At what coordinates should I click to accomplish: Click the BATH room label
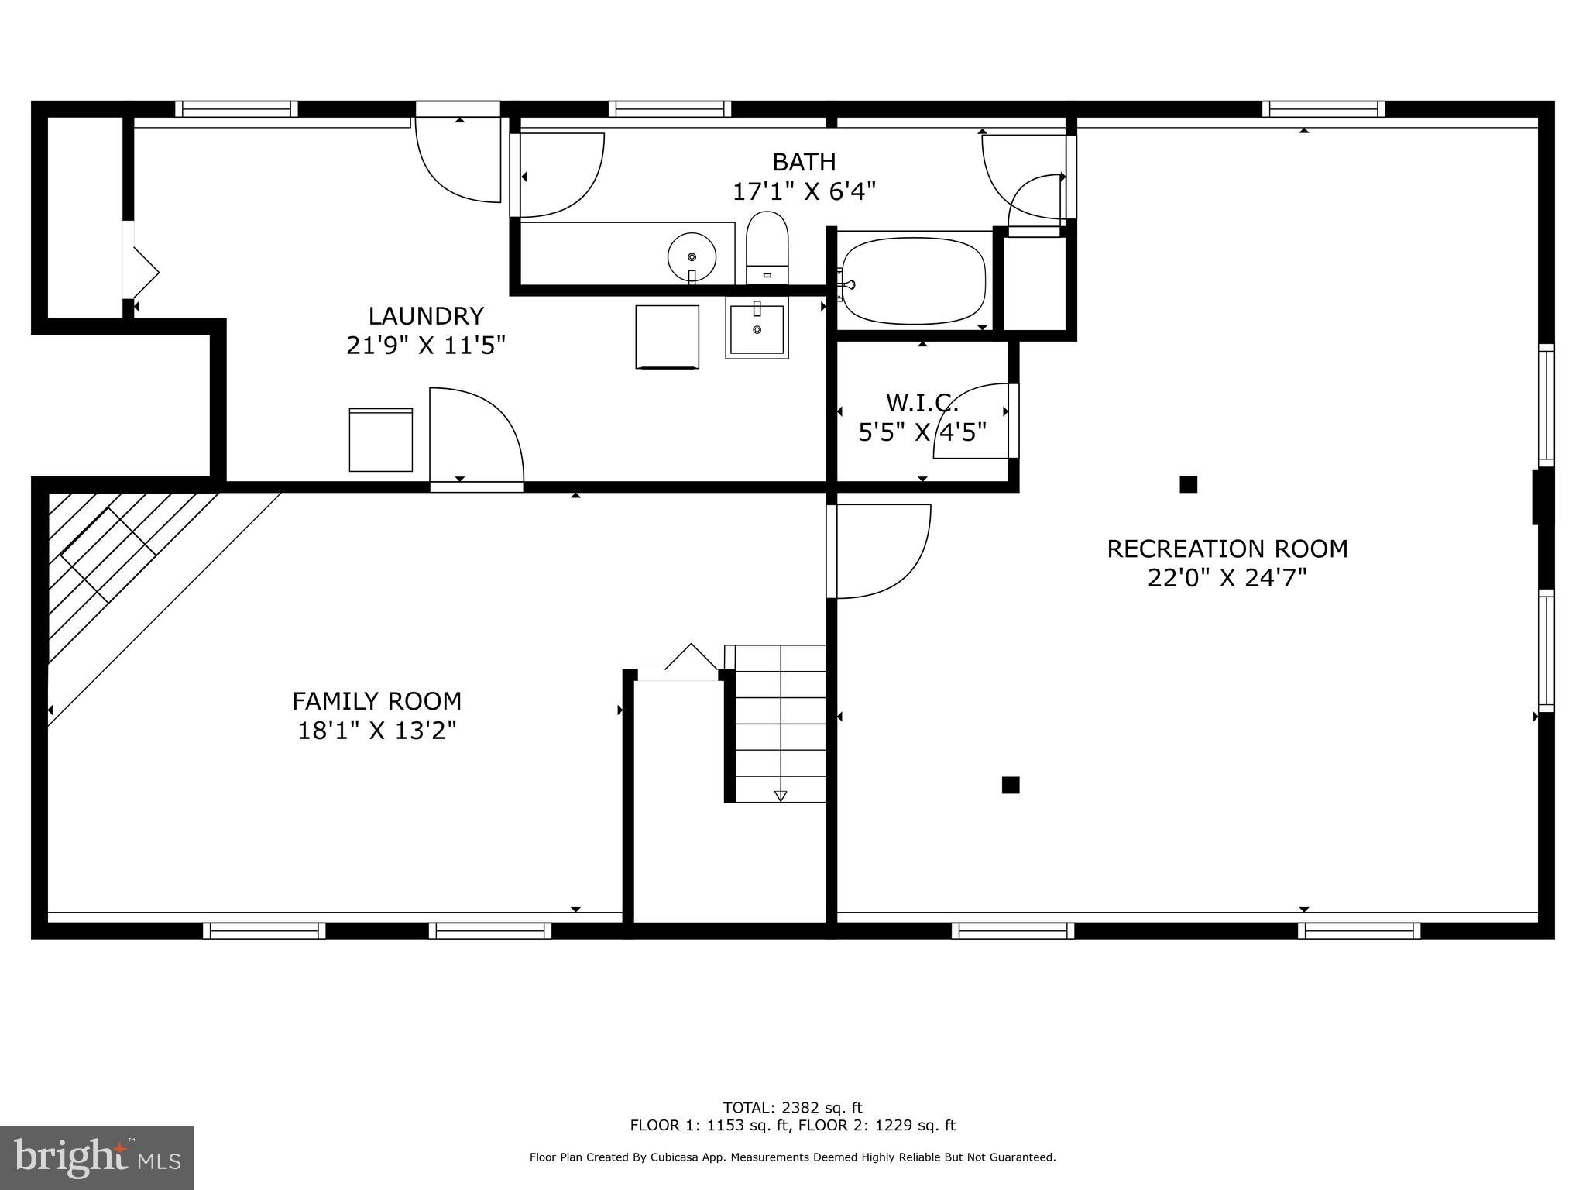(804, 162)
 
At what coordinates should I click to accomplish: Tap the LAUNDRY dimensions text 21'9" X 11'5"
(425, 345)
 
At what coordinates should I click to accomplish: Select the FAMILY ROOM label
(376, 701)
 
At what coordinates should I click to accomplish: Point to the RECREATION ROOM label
(1227, 549)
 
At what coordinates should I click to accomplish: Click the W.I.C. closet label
(922, 403)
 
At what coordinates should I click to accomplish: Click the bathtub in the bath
(914, 280)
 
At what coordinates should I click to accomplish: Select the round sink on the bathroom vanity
(692, 256)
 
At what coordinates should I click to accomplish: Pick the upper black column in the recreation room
(1188, 484)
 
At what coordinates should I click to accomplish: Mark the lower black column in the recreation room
(1010, 785)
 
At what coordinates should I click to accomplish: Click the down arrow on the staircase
(780, 795)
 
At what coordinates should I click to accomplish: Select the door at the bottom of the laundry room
(475, 438)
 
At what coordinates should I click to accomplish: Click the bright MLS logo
(97, 1157)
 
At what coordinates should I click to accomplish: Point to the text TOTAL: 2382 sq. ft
(792, 1108)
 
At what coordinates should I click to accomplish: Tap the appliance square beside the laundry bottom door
(380, 439)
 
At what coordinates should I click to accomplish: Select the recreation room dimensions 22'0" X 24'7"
(1227, 578)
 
